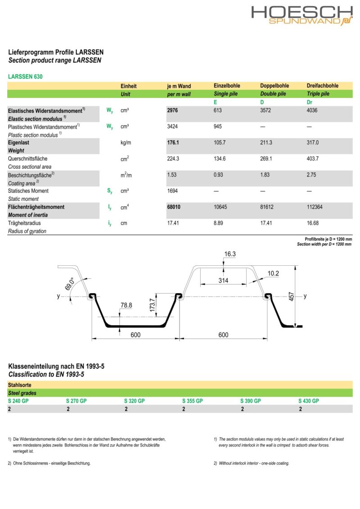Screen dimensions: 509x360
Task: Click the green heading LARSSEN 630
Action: (x=25, y=76)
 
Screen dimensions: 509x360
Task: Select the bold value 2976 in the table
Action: (x=173, y=110)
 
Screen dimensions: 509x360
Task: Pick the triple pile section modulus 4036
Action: (x=312, y=110)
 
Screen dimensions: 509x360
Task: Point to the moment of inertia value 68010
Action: (x=175, y=207)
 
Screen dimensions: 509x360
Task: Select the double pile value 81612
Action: (x=267, y=207)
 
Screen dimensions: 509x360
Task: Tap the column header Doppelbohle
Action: (x=274, y=86)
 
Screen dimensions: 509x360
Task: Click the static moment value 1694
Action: (x=173, y=191)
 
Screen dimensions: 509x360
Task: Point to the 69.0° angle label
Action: (x=70, y=285)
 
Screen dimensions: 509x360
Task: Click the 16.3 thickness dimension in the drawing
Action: (x=229, y=254)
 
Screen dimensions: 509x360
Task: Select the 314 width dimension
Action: (x=224, y=281)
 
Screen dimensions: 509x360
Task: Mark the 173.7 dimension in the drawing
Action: (x=152, y=306)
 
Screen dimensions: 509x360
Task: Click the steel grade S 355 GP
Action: (x=192, y=401)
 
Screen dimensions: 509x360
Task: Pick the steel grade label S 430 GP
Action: (x=308, y=401)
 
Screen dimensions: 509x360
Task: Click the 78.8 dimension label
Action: (x=126, y=305)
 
